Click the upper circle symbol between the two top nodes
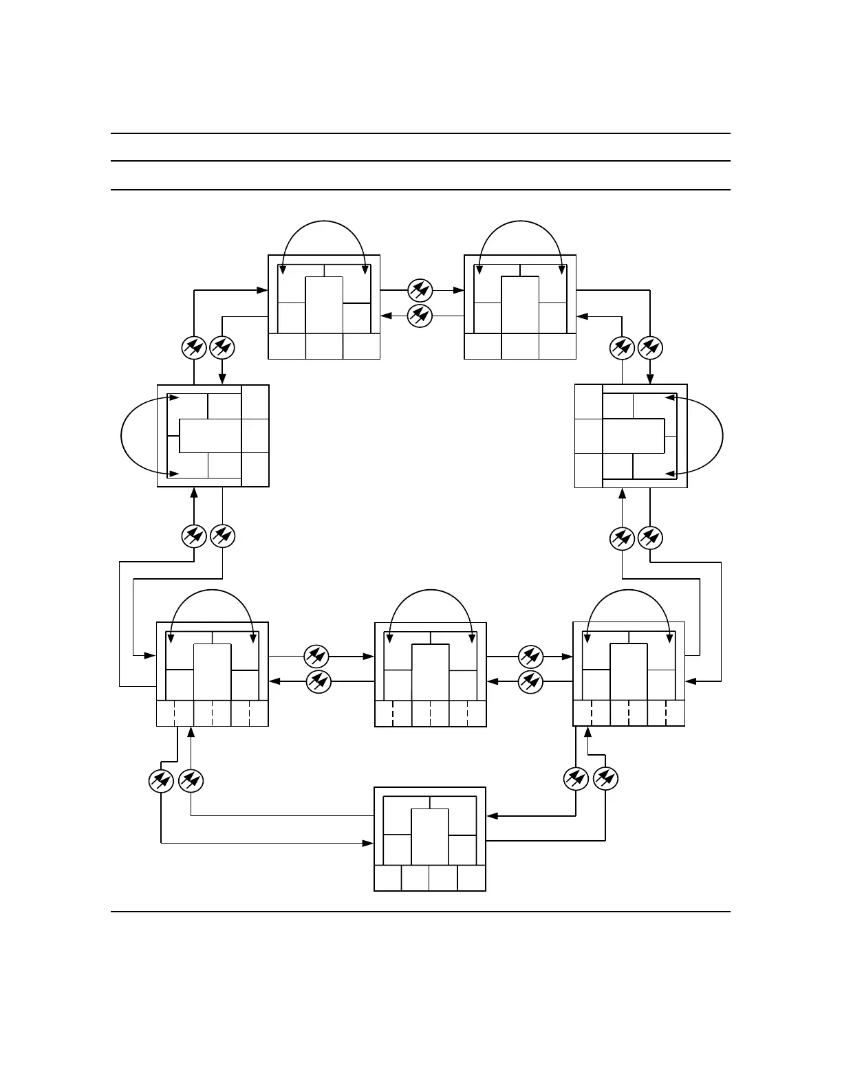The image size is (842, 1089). pyautogui.click(x=420, y=289)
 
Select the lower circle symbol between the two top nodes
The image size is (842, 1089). pyautogui.click(x=420, y=316)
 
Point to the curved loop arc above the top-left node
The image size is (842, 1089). pyautogui.click(x=323, y=221)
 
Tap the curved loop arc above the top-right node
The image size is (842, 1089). pyautogui.click(x=521, y=221)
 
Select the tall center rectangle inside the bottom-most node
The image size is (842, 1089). pyautogui.click(x=430, y=836)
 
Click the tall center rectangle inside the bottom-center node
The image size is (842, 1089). pyautogui.click(x=431, y=672)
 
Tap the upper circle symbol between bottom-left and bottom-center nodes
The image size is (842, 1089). pyautogui.click(x=316, y=656)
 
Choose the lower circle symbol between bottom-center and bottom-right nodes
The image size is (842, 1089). pyautogui.click(x=530, y=682)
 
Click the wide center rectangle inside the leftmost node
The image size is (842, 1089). pyautogui.click(x=210, y=435)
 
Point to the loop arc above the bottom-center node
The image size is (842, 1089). pyautogui.click(x=431, y=591)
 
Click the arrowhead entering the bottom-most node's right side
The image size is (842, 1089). pyautogui.click(x=491, y=816)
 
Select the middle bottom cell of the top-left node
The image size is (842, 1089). pyautogui.click(x=324, y=346)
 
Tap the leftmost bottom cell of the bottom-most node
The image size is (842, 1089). pyautogui.click(x=388, y=878)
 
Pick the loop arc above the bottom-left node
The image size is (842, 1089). pyautogui.click(x=213, y=591)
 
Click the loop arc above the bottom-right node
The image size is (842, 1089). pyautogui.click(x=629, y=591)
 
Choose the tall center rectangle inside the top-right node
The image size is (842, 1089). pyautogui.click(x=520, y=305)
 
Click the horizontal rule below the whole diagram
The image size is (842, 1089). pyautogui.click(x=420, y=912)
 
